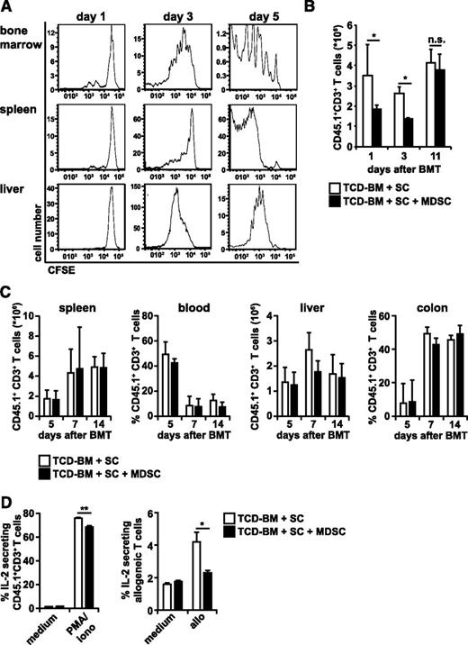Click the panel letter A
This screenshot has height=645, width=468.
7,7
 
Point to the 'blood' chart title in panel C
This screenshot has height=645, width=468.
186,299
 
